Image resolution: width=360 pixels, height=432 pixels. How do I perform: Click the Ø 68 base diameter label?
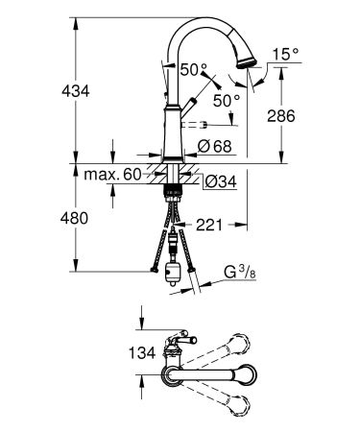pos(213,146)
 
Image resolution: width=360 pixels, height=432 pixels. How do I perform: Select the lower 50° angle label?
pos(227,100)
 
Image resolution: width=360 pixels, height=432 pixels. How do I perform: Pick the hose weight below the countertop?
pos(174,270)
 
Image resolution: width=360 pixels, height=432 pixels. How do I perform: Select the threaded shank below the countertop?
pos(174,178)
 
